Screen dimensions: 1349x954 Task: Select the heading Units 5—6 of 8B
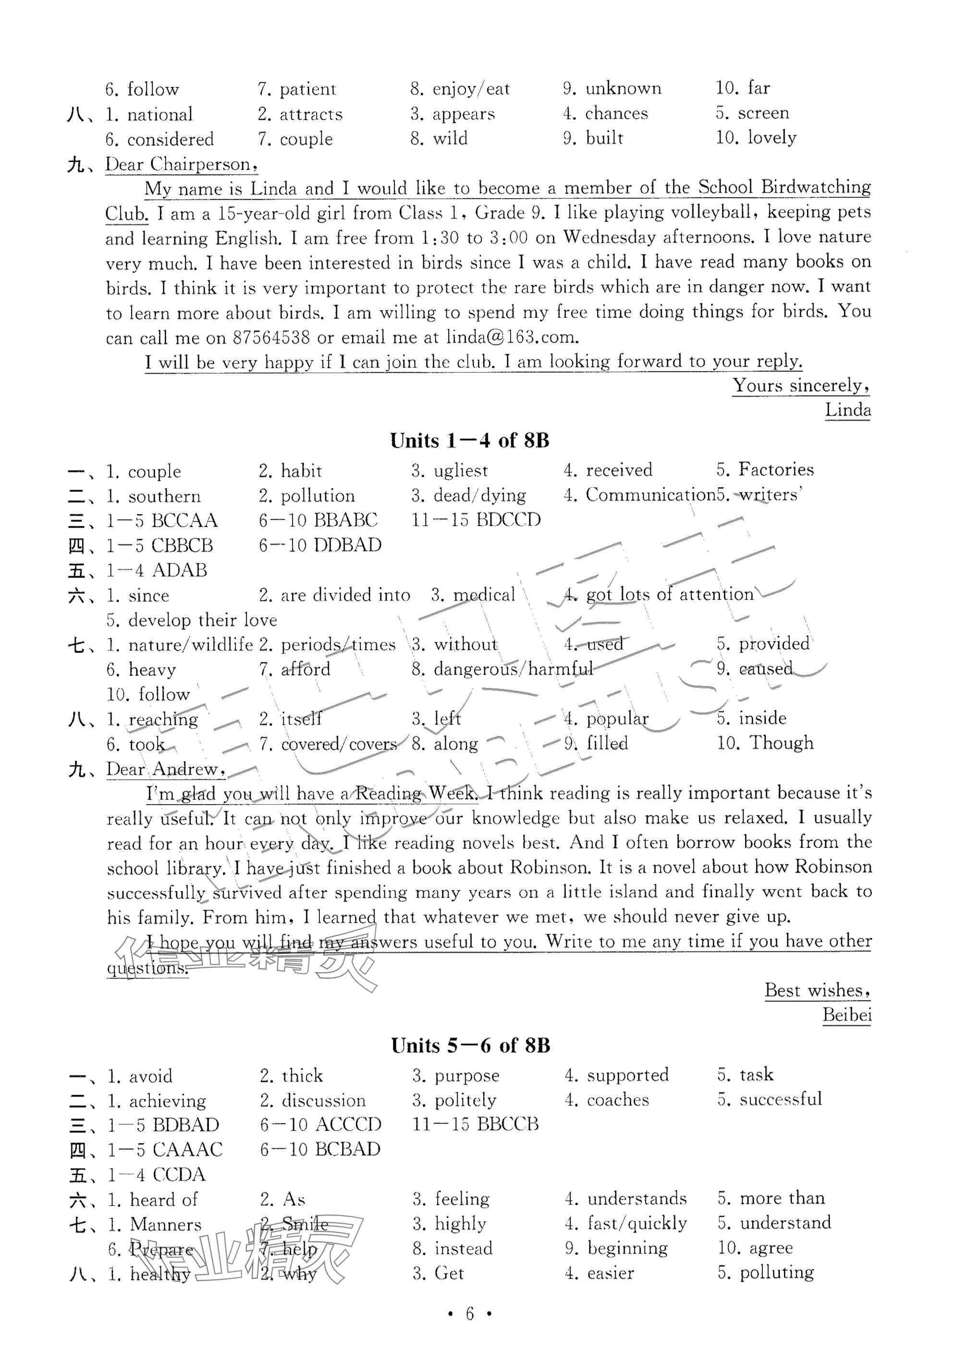tap(470, 1046)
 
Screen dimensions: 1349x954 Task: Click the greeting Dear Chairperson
tap(181, 165)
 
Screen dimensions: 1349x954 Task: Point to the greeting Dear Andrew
tap(166, 769)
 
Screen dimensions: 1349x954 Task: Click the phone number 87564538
tap(271, 337)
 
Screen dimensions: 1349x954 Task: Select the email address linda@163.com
tap(512, 337)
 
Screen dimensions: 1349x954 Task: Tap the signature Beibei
tap(846, 1015)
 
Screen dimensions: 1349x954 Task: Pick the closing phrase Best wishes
tap(817, 990)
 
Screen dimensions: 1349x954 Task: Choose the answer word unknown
tap(623, 89)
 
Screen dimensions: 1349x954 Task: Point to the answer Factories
tap(776, 470)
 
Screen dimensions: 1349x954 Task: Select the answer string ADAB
tap(179, 570)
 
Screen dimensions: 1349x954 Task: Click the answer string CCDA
tap(179, 1175)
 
